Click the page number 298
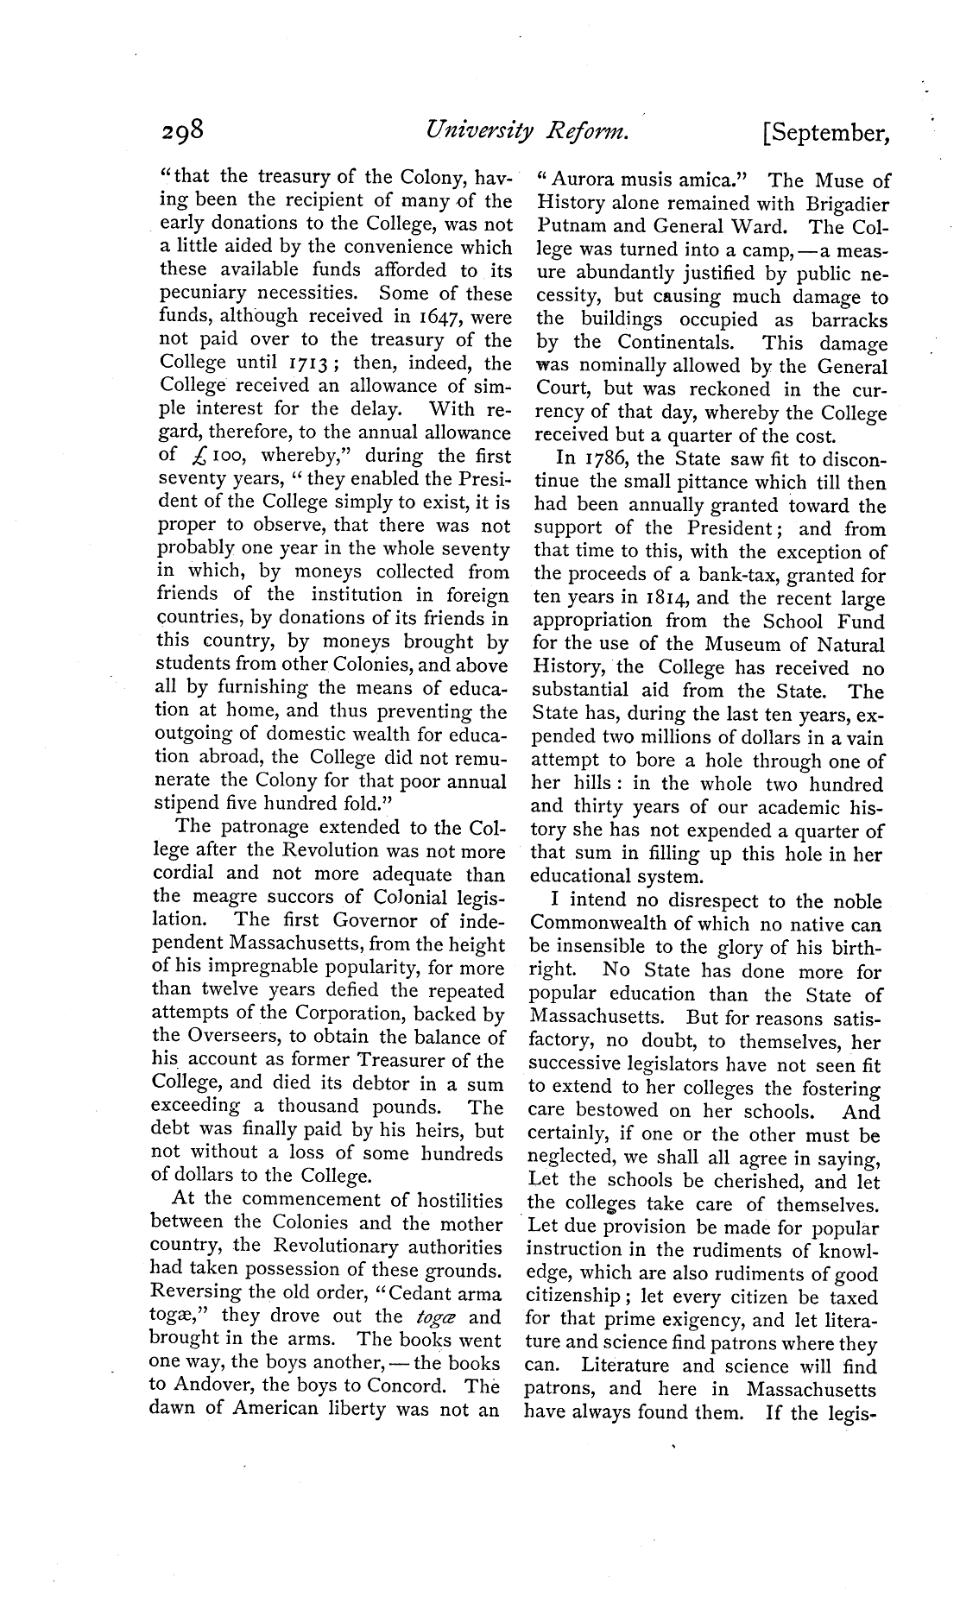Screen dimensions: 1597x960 pos(181,131)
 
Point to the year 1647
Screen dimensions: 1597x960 pos(411,317)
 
